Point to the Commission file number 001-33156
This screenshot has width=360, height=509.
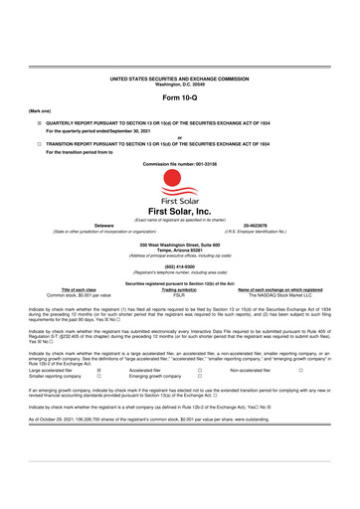[x=180, y=161]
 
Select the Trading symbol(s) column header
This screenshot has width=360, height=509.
[x=180, y=291]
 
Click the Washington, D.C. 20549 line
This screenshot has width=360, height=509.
[x=180, y=83]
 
